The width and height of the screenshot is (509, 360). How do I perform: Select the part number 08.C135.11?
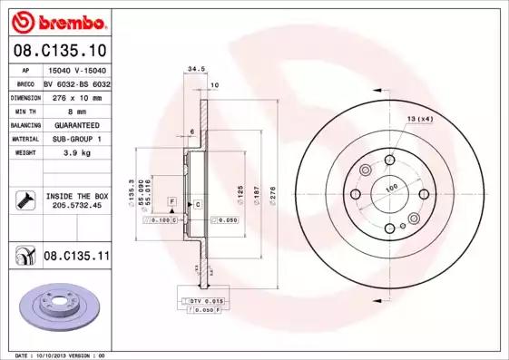[77, 257]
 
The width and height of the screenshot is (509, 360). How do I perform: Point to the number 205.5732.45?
[76, 204]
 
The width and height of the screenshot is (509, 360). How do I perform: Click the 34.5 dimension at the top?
[192, 68]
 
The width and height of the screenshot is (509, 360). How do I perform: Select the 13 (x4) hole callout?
[419, 120]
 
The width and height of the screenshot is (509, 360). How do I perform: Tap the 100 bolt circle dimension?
[392, 188]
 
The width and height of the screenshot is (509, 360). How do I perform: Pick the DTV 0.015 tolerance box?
[201, 299]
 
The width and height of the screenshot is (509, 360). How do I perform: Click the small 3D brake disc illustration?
[58, 304]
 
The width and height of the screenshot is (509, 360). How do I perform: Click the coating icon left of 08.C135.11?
[23, 257]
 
